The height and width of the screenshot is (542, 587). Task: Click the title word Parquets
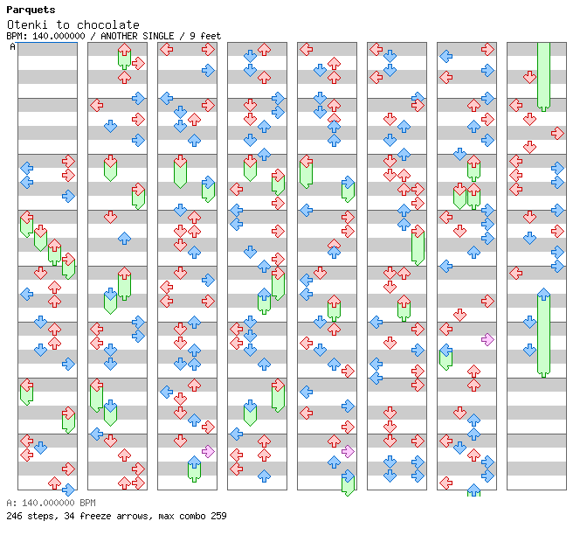pos(31,10)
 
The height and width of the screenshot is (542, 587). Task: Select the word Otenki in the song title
pos(26,24)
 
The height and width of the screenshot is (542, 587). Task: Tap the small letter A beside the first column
pos(12,47)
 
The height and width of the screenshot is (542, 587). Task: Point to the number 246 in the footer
pos(14,516)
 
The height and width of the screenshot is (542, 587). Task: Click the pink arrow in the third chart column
pos(208,451)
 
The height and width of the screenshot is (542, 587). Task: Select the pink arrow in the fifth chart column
pos(348,451)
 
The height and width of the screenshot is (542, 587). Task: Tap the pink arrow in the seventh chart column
pos(487,339)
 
